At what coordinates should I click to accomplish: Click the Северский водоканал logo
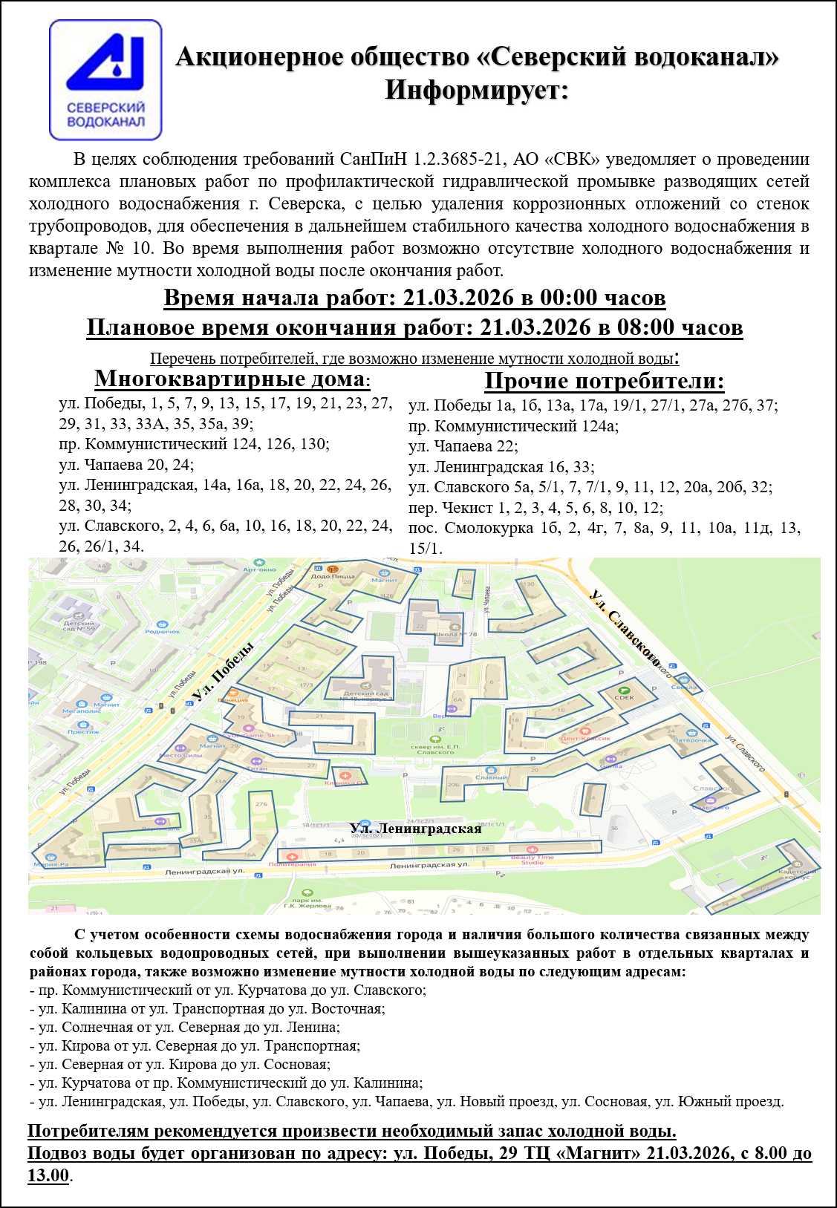coord(105,79)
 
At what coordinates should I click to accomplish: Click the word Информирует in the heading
coord(476,91)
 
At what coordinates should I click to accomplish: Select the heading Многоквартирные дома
coord(232,379)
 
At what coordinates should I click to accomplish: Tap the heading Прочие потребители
coord(604,381)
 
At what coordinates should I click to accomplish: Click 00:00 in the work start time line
coord(569,298)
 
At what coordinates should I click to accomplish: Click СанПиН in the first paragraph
coord(373,159)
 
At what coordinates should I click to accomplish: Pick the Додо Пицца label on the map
coord(333,576)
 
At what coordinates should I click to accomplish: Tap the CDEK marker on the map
coord(624,696)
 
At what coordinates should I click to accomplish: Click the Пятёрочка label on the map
coord(692,740)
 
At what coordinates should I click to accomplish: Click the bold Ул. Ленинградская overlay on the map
coord(416,829)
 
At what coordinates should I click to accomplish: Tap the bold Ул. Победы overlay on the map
coord(223,670)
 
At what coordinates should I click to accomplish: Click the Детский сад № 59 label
coord(79,626)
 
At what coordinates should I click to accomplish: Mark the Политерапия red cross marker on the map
coord(293,858)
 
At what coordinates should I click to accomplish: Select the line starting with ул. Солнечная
coord(185,1028)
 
